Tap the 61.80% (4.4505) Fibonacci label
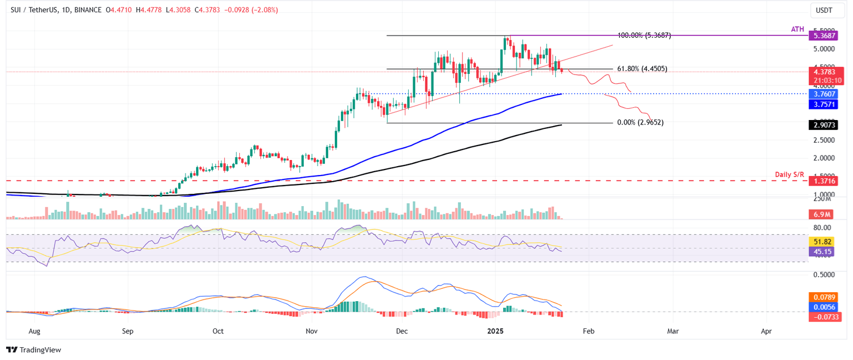point(642,69)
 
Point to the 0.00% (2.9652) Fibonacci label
point(640,122)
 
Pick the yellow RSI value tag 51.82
point(822,242)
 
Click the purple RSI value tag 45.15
point(822,251)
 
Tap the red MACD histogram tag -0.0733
point(822,316)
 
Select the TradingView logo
point(34,349)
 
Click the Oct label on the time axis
point(218,331)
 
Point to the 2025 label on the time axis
point(495,331)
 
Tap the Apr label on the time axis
point(766,331)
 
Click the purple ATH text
point(797,28)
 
